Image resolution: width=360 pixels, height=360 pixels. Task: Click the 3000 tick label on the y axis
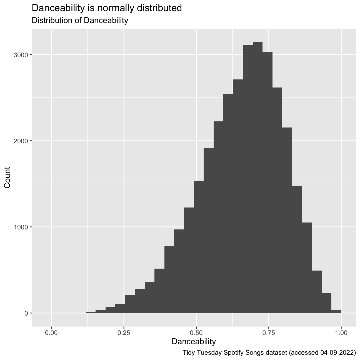click(x=21, y=55)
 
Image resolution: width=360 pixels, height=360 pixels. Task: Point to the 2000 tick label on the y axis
click(x=21, y=141)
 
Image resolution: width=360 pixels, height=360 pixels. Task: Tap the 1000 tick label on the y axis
click(x=21, y=227)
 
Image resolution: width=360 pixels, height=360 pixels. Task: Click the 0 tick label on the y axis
click(x=26, y=313)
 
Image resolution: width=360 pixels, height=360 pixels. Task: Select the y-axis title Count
click(x=7, y=178)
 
